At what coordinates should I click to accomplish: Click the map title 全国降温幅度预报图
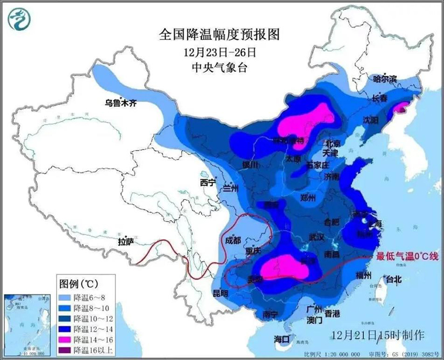point(219,34)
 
